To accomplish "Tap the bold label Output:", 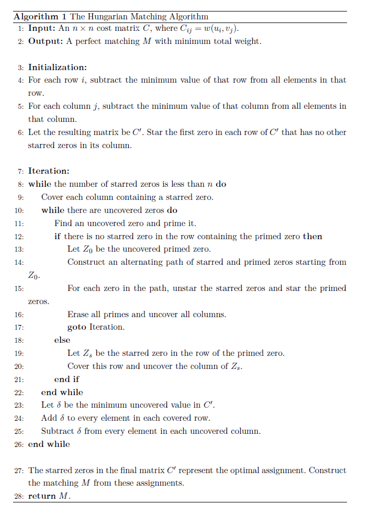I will coord(46,41).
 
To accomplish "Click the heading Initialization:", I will coord(58,68).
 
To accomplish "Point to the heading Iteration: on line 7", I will coord(49,171).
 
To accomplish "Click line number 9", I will coord(20,197).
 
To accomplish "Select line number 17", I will coord(19,327).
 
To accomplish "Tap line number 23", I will coord(19,405).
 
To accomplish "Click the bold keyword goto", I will coord(77,327).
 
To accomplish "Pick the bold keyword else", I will coord(62,340).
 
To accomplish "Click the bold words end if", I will coord(67,379).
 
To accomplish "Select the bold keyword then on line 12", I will coord(312,237).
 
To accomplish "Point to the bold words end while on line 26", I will coord(49,444).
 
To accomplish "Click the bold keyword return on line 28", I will coord(42,496).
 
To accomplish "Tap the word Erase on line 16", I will coord(78,315).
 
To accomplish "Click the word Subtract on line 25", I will coord(58,431).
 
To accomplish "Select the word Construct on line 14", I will coord(86,262).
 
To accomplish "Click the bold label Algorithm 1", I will coord(36,17).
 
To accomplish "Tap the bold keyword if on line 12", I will coord(58,237).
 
